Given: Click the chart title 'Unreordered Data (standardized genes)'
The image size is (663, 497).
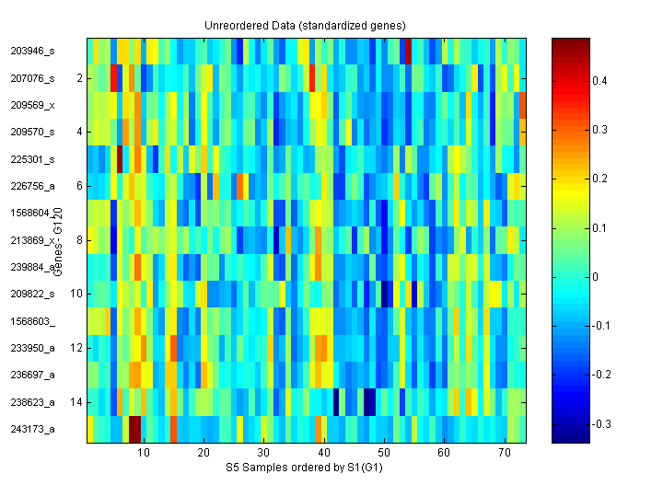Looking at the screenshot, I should coord(305,25).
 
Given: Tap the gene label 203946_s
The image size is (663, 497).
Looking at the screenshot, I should coord(32,52).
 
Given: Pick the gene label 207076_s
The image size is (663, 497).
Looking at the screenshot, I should coord(32,79).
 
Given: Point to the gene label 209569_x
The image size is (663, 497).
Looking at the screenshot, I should coord(32,106).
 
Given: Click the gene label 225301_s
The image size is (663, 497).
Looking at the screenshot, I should coord(32,159).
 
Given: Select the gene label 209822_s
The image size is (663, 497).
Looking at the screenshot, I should coord(32,294).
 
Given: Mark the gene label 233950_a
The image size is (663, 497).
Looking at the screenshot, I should coord(32,348).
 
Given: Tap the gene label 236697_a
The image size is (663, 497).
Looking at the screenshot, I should coord(32,375).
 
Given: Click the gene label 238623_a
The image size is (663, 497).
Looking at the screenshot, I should coord(32,402).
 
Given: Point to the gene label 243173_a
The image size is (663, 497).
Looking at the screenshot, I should coord(32,429).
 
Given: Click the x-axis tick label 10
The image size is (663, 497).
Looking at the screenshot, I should coord(143,454).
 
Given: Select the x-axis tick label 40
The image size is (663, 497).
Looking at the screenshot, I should coord(323,454).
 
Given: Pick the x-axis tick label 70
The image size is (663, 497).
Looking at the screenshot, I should coord(504,454).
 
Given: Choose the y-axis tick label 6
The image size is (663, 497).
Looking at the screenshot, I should coord(79,186).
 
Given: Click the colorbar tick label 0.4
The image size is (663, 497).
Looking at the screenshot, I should coord(599,81).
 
